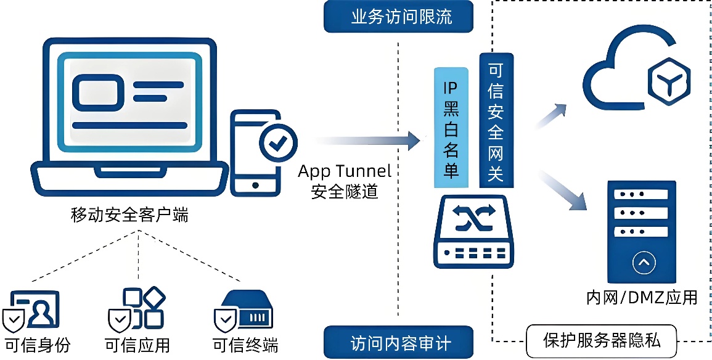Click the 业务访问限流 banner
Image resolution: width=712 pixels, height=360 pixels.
[x=399, y=17]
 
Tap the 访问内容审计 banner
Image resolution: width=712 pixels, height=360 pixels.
[x=399, y=342]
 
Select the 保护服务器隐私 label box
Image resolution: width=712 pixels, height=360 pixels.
[x=602, y=340]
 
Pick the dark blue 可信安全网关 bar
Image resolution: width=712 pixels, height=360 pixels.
[x=496, y=120]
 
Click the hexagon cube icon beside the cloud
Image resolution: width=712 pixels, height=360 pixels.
[x=668, y=80]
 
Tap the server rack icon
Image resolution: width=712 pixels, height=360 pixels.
[x=642, y=231]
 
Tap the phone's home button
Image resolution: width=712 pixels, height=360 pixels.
[x=255, y=184]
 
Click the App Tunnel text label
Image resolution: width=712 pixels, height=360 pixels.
[x=345, y=171]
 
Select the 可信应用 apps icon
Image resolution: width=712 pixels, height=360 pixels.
[x=136, y=309]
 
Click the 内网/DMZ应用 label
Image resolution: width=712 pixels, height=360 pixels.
[x=641, y=298]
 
